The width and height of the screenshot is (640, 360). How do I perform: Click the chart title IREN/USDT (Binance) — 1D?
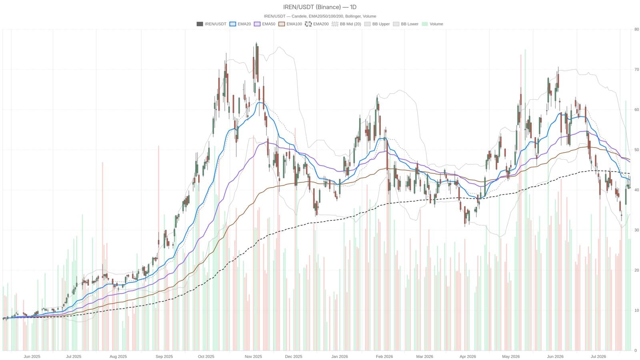[x=320, y=7]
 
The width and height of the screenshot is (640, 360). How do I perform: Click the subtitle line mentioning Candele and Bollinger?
[x=320, y=16]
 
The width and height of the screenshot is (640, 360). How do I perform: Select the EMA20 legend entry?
[x=240, y=24]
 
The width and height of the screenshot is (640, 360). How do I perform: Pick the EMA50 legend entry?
[x=264, y=24]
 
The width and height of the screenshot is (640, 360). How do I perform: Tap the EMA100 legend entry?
[x=290, y=24]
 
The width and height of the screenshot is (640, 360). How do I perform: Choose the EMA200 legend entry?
[x=317, y=24]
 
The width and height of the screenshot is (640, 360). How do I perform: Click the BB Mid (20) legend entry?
[x=346, y=24]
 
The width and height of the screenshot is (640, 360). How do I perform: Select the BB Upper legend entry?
[x=377, y=24]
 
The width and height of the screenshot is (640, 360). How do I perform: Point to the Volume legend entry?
[x=432, y=24]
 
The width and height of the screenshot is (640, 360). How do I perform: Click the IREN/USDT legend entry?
[x=212, y=24]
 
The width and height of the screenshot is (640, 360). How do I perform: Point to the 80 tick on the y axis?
[x=636, y=29]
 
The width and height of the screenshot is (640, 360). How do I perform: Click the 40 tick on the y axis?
[x=636, y=190]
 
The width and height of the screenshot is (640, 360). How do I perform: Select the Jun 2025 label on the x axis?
[x=32, y=356]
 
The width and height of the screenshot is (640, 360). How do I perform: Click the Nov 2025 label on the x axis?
[x=254, y=356]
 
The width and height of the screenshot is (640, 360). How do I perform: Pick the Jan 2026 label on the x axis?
[x=340, y=356]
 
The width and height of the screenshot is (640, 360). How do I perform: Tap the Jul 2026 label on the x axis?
[x=598, y=356]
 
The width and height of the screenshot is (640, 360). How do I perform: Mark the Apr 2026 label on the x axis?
[x=468, y=356]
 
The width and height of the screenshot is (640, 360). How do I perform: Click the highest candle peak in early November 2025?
[x=256, y=42]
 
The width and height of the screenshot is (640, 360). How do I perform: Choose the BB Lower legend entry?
[x=406, y=24]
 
